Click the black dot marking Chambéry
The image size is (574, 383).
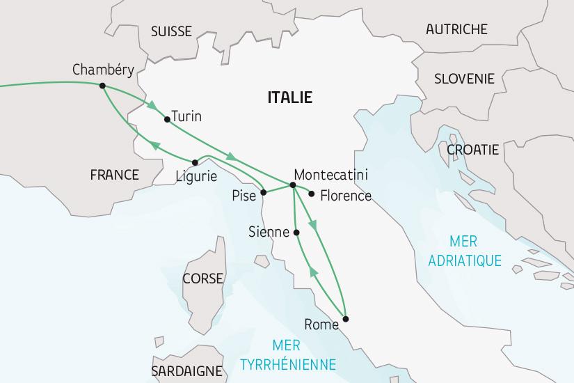[102, 86]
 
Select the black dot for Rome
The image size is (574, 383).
[346, 319]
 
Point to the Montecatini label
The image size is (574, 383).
[331, 174]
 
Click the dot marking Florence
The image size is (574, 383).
[312, 194]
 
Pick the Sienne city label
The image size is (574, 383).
[269, 233]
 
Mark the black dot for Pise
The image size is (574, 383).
[264, 192]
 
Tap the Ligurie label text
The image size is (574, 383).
[197, 176]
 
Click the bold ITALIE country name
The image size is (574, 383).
[289, 97]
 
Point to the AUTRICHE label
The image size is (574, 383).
[456, 29]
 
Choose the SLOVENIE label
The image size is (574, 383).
[464, 79]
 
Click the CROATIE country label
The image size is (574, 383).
[472, 149]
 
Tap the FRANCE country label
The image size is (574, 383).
[115, 174]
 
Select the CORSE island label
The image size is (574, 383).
[202, 279]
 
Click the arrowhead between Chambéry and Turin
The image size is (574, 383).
[150, 106]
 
